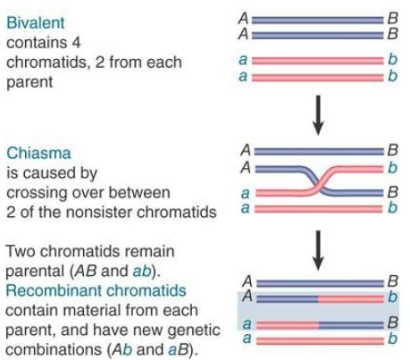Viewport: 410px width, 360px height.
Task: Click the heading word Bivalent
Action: [36, 22]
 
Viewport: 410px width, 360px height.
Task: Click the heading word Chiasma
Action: [38, 153]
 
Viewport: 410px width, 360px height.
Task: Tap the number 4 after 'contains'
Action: [76, 42]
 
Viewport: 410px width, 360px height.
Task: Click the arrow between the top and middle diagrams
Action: [318, 115]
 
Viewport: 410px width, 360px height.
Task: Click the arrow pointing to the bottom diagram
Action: [318, 250]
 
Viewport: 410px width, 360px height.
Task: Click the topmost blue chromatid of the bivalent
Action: [318, 21]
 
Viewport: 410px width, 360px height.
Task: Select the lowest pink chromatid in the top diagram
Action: [318, 78]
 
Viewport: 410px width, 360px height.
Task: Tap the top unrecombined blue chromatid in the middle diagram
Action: [319, 152]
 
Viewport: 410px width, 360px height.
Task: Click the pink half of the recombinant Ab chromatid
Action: [351, 298]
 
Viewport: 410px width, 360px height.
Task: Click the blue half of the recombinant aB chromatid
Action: [351, 325]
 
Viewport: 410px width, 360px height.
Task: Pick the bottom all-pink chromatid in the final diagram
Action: [320, 340]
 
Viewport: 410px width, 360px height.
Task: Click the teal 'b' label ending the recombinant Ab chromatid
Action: [393, 297]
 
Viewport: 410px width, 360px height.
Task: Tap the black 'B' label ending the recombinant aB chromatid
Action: [393, 322]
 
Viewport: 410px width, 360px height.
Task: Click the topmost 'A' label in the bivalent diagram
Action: [244, 19]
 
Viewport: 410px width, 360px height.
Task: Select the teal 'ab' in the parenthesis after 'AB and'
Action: [142, 271]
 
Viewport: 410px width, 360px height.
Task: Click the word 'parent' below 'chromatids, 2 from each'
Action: [29, 82]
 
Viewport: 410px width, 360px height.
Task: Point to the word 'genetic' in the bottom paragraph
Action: [194, 330]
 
